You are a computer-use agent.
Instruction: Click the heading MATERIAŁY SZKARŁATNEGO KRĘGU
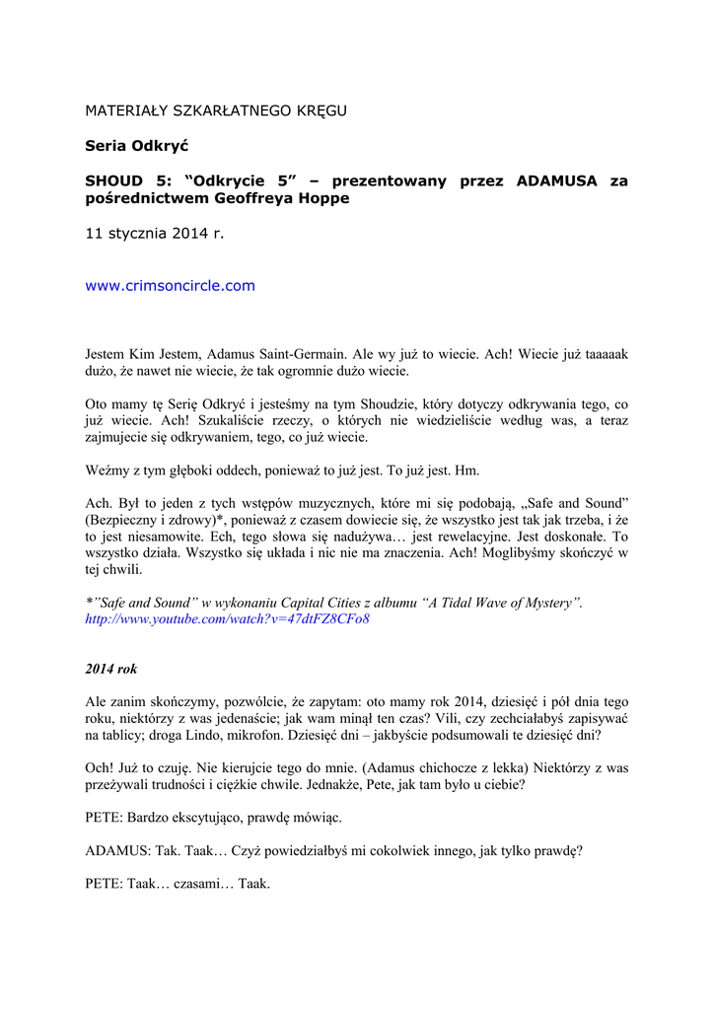(x=216, y=109)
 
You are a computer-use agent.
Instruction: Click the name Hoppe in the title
(x=323, y=197)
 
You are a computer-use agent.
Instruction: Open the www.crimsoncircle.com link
(x=171, y=286)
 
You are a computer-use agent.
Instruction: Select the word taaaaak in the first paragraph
(x=602, y=352)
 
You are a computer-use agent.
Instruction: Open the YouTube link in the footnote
(x=228, y=619)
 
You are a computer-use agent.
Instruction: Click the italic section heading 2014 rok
(x=111, y=669)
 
